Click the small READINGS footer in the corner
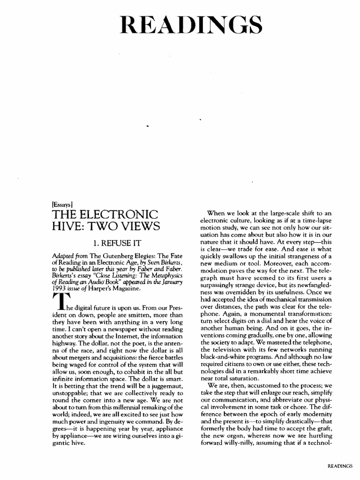tap(339, 466)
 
